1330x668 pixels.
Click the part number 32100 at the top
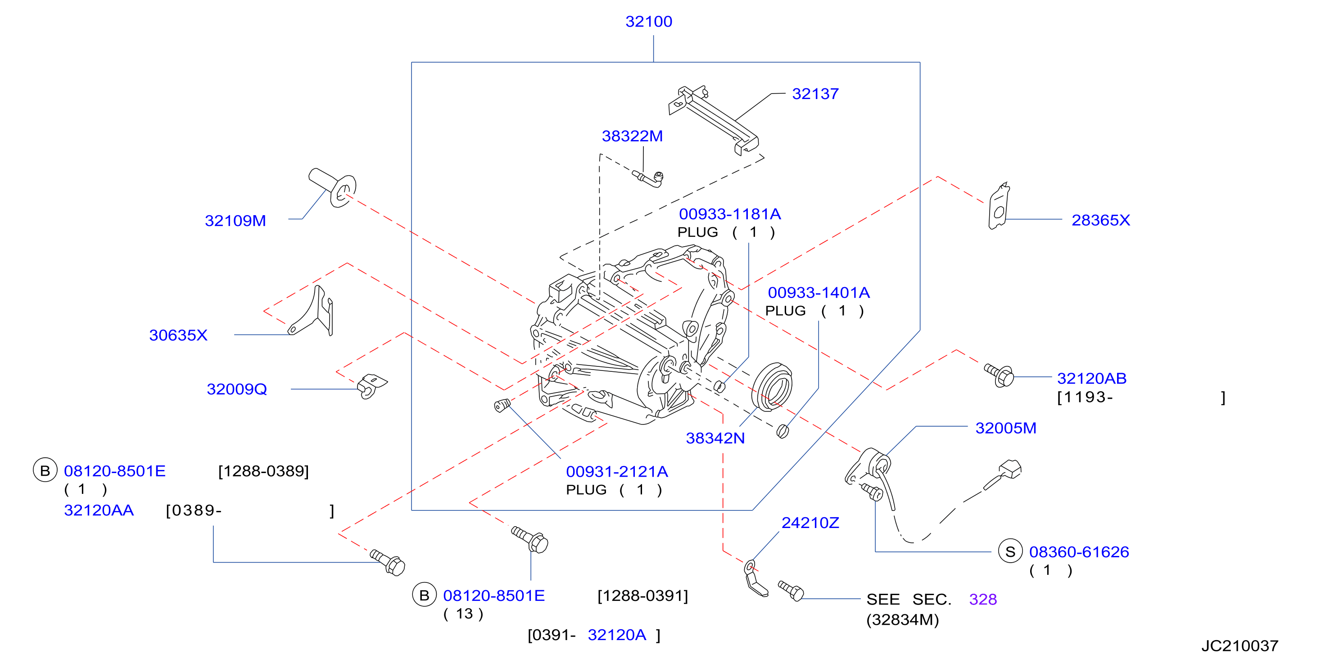(648, 22)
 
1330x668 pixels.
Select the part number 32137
(815, 94)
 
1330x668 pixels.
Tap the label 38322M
(632, 136)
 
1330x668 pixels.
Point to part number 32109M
(235, 221)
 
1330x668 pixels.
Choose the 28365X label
(1101, 221)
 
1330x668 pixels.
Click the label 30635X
(178, 335)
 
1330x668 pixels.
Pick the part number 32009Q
(237, 389)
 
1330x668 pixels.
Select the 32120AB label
(1091, 379)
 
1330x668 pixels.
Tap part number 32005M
(1006, 428)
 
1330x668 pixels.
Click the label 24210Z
(810, 523)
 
